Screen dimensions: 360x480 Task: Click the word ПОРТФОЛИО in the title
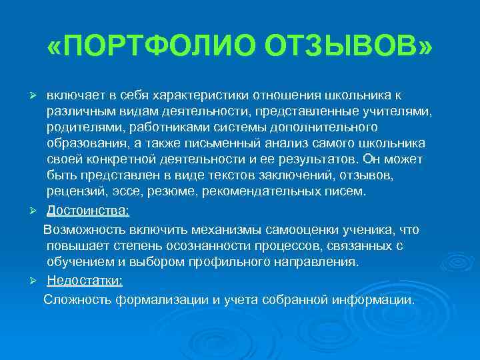155,48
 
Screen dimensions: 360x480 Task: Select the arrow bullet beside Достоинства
39,211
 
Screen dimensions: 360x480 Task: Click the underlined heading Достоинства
88,211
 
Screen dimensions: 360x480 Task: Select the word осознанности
205,247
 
